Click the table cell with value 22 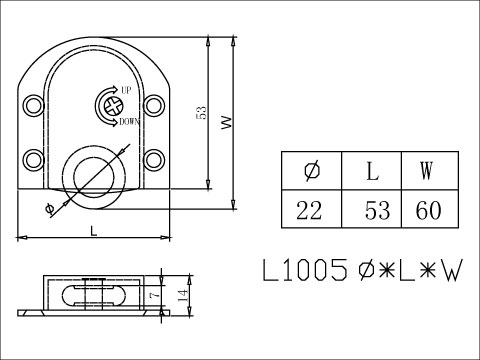311,210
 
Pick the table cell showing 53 373,210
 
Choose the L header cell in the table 373,170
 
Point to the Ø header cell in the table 311,170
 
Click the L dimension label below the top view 93,230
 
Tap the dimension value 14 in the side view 180,295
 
